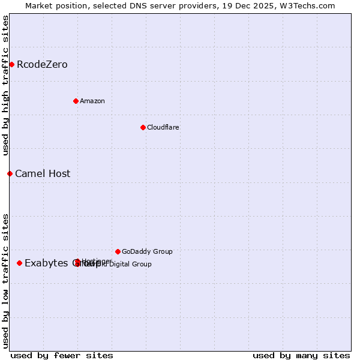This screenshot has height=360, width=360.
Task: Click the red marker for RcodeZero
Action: pos(11,64)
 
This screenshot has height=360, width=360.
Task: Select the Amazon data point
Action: pos(76,101)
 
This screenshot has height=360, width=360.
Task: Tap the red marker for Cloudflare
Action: pos(143,127)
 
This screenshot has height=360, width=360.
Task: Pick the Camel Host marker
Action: pos(10,173)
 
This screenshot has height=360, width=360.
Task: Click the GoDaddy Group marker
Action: pos(118,251)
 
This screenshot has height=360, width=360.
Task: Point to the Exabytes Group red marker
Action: pos(19,263)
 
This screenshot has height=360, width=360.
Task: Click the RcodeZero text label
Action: pos(42,64)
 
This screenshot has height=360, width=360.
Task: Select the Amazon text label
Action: pos(92,101)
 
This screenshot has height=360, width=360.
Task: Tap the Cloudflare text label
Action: pos(163,127)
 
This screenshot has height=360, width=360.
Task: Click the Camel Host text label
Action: pos(43,173)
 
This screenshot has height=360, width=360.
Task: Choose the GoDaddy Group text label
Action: pos(147,251)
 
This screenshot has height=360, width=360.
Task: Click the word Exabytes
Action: pos(46,263)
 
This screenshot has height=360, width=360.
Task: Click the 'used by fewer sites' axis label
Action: pos(62,355)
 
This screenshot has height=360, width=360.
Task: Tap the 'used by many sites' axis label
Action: pos(301,355)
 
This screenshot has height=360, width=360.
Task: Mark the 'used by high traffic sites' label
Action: pos(5,85)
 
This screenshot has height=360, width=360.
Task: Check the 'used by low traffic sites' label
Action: pos(5,280)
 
